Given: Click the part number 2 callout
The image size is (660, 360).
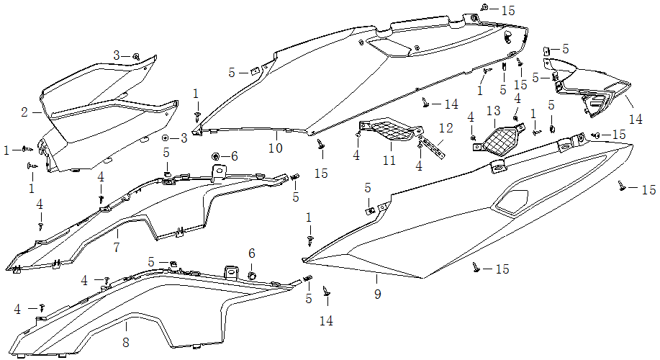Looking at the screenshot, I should [x=24, y=112].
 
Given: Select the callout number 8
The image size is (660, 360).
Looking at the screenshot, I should [x=126, y=343].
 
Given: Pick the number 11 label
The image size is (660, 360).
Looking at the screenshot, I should [x=389, y=161].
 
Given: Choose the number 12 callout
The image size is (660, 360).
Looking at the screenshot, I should [x=446, y=128].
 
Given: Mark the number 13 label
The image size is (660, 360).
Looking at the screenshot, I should [x=493, y=111].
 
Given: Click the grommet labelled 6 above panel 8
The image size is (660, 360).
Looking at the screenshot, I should [x=252, y=276].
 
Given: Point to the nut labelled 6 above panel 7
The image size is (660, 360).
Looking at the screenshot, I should [x=215, y=156].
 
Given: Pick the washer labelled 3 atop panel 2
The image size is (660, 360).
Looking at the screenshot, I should [x=136, y=56].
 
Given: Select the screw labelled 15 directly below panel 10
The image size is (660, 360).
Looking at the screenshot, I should [x=321, y=146].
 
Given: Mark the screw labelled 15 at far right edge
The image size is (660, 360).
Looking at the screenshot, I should [x=622, y=186].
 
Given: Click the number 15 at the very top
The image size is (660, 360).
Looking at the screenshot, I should [x=508, y=10].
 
